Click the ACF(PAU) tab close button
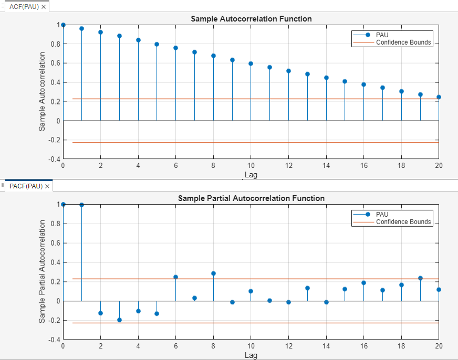click(44, 7)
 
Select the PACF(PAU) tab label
click(25, 186)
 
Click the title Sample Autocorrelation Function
click(251, 19)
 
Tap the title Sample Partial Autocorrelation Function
click(251, 198)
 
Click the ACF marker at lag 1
click(82, 28)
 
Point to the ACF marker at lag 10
click(251, 63)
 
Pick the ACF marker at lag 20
click(439, 97)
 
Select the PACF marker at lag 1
click(82, 205)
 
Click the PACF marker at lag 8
click(213, 273)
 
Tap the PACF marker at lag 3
click(119, 320)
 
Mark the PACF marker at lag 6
click(175, 277)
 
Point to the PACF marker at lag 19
click(420, 278)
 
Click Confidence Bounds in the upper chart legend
click(403, 43)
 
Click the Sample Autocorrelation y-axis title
click(42, 92)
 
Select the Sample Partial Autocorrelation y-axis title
click(42, 271)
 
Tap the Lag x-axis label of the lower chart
click(251, 355)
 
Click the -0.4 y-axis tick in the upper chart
click(54, 159)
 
